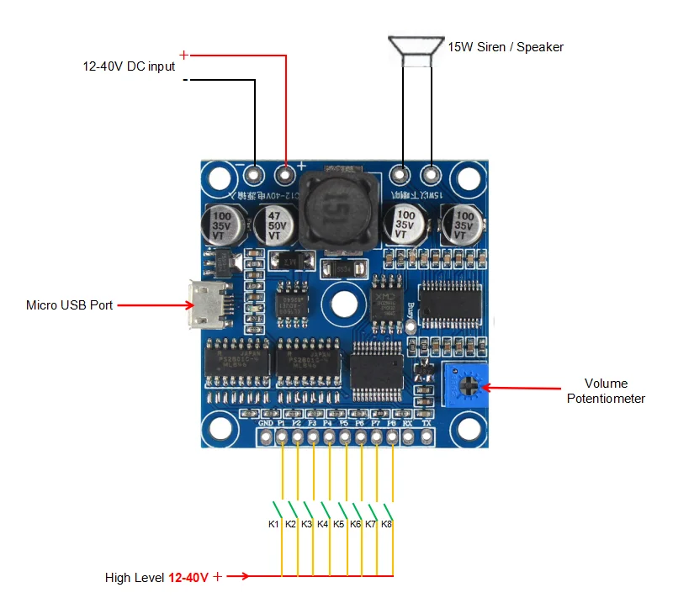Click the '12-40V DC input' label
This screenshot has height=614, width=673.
[x=129, y=66]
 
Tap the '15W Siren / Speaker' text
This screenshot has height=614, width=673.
[x=505, y=47]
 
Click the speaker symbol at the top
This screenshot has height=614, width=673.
[x=417, y=50]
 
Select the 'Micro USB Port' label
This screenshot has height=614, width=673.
[x=69, y=305]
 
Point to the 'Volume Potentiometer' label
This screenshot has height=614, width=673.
[x=606, y=391]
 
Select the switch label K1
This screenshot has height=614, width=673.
[x=273, y=524]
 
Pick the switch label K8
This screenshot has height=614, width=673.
[x=386, y=524]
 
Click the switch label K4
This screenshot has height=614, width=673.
[x=322, y=524]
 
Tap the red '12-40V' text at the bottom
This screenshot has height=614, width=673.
[x=188, y=578]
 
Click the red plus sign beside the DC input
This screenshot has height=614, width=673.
[x=184, y=56]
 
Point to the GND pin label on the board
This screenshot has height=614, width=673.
[x=266, y=424]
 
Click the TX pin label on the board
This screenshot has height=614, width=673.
[x=426, y=424]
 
